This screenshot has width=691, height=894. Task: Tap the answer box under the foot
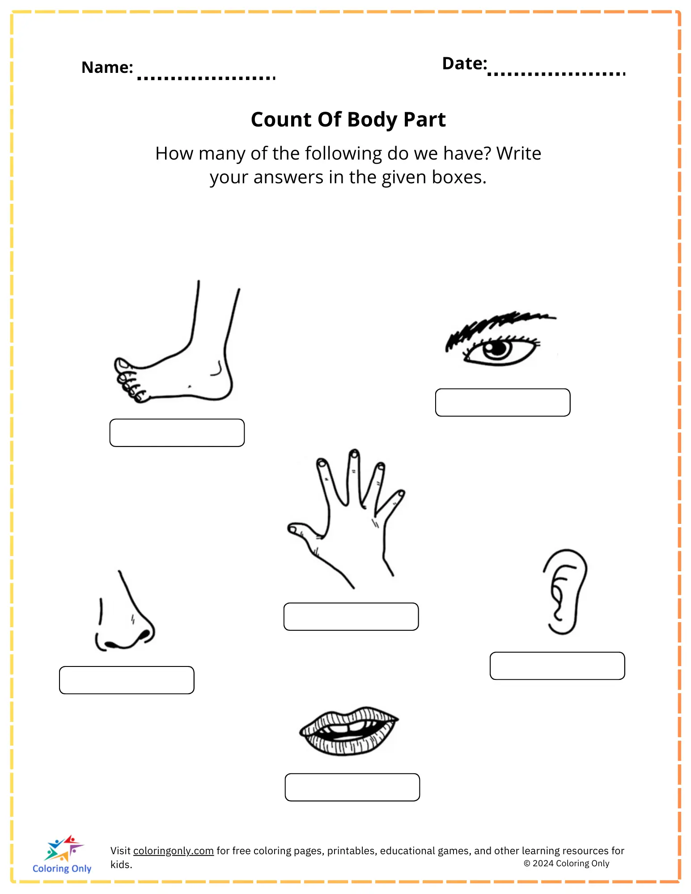[177, 433]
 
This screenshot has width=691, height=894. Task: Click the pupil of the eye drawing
[496, 348]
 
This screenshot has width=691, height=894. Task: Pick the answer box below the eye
[503, 402]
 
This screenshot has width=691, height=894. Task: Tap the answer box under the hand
[351, 616]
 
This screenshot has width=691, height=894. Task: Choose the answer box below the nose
[127, 680]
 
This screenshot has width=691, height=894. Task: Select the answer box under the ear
[557, 666]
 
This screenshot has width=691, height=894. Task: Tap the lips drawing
[349, 731]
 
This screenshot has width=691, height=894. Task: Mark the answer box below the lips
[352, 787]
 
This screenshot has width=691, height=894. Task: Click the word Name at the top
[107, 67]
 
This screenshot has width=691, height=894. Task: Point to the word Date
[464, 63]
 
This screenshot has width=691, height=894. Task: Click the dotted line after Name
[206, 78]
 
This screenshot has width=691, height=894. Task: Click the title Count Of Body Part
[348, 119]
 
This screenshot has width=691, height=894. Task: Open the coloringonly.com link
[174, 851]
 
